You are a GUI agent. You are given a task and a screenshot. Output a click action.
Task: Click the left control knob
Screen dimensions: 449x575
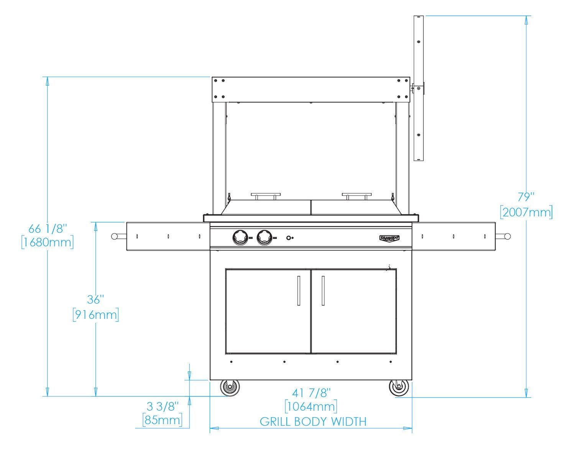coord(240,237)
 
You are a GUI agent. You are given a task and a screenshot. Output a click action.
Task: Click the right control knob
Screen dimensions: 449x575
coord(265,237)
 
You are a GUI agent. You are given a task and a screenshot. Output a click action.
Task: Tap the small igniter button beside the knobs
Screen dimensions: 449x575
coord(289,238)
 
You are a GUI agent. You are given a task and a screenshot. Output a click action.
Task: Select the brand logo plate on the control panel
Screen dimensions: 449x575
coord(389,238)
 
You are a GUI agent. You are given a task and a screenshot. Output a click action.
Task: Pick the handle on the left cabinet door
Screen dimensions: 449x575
coord(299,290)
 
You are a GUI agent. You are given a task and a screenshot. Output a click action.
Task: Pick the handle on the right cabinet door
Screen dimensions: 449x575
coord(323,290)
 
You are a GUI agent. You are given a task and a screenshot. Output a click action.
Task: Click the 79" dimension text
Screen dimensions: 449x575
coord(526,197)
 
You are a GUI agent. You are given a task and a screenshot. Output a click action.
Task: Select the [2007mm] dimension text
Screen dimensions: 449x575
coord(526,212)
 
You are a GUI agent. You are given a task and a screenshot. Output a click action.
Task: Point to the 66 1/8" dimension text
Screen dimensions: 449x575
coord(48,229)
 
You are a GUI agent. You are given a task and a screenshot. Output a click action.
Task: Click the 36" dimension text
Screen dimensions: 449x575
coord(95,299)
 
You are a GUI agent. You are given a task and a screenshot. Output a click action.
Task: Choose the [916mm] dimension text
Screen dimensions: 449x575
coord(95,314)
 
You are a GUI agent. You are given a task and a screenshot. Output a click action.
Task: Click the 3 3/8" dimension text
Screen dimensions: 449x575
coord(163,406)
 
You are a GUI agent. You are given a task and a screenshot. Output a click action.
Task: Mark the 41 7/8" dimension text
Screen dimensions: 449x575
coord(311,393)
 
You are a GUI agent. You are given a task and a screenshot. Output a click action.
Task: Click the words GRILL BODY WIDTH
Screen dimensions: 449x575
coord(313,421)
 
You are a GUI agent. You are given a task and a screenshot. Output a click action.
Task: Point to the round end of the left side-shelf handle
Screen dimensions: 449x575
coord(114,236)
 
